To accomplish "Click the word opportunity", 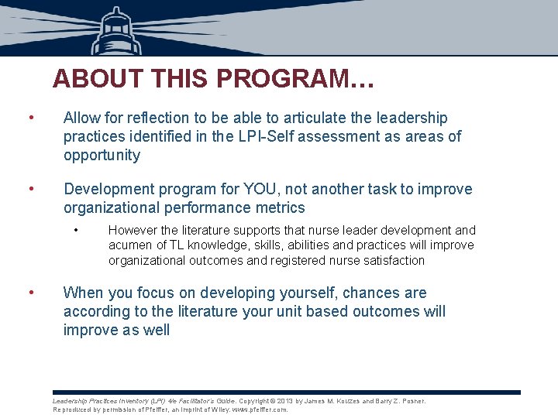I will tap(102, 155).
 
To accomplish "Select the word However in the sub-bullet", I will tap(133, 230).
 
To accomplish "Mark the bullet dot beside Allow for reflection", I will tap(30, 118).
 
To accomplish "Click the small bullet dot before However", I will tap(77, 230).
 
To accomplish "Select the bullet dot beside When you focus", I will tap(30, 293).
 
